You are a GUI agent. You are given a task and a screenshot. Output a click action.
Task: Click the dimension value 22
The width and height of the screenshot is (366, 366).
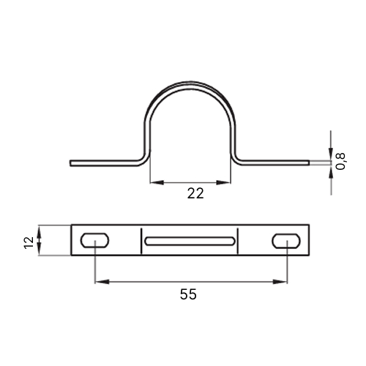pos(195,193)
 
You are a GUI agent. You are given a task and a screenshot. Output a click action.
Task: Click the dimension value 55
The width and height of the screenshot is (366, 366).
pos(188,294)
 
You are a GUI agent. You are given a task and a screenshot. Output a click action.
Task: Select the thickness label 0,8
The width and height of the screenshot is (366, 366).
pos(340,161)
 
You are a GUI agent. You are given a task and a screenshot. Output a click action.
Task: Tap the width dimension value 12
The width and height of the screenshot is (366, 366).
pos(29,242)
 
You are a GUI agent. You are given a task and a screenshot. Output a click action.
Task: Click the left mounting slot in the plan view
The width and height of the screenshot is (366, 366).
pos(94,240)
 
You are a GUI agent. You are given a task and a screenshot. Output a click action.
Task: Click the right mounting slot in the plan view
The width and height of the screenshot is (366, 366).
pos(286,241)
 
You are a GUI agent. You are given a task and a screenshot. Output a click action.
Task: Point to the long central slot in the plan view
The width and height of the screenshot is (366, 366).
pos(190,241)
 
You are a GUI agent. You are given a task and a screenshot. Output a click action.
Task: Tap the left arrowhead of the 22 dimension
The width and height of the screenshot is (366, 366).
pos(157,182)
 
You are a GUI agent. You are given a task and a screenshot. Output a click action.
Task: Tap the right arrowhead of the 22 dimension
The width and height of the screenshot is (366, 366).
pos(223,182)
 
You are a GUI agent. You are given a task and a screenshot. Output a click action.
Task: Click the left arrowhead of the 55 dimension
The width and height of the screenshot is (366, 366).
pos(102,282)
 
